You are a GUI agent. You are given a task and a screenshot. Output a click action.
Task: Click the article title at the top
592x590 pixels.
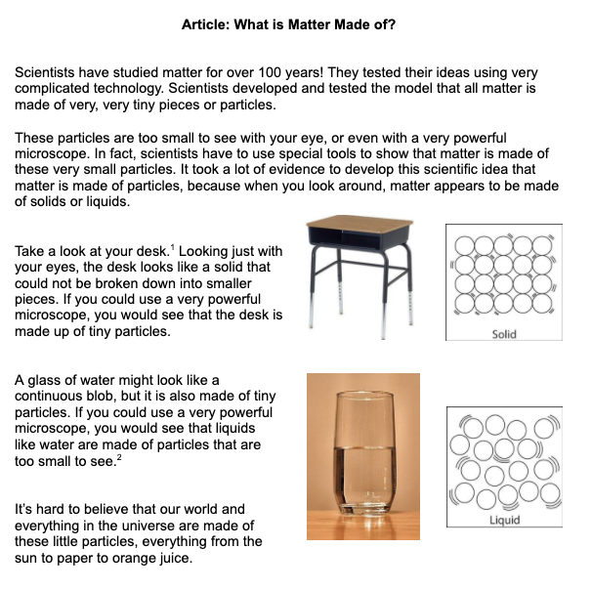pyautogui.click(x=288, y=23)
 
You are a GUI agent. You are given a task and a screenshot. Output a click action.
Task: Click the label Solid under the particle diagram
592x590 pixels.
pyautogui.click(x=504, y=334)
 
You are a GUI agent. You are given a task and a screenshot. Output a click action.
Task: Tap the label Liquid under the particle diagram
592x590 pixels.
pyautogui.click(x=504, y=520)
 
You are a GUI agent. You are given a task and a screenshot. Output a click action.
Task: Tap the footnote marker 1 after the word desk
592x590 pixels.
pyautogui.click(x=172, y=247)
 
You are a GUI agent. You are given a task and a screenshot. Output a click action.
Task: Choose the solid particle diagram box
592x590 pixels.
pyautogui.click(x=504, y=282)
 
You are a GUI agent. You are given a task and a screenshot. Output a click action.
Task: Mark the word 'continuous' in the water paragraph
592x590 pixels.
pyautogui.click(x=55, y=399)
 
